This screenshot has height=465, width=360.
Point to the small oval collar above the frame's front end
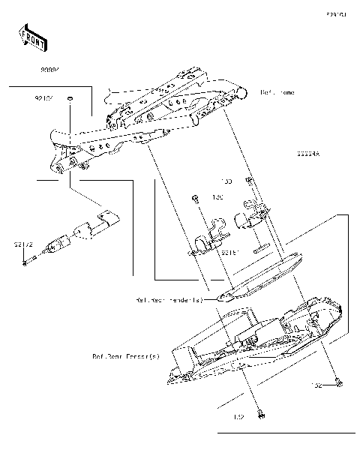pos(69,98)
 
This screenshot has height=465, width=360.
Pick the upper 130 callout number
pos(226,181)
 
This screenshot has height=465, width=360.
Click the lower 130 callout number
pos(219,198)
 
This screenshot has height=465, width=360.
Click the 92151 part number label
pos(230,253)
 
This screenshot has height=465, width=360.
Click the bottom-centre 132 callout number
pos(239,417)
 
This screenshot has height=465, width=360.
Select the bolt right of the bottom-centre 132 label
pos(260,413)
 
